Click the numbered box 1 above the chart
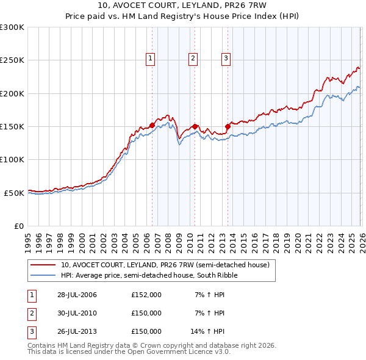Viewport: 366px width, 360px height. tap(150, 59)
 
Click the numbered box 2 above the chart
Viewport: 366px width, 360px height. tap(193, 59)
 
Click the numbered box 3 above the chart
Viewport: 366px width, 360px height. tap(226, 59)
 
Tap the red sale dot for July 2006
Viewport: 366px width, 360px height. tap(152, 125)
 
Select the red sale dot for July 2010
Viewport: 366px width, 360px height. tap(195, 126)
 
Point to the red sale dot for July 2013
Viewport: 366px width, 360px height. tap(228, 127)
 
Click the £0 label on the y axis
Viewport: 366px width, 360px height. tap(18, 226)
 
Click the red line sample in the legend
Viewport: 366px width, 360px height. tap(43, 265)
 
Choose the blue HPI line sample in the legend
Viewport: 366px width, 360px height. tap(43, 275)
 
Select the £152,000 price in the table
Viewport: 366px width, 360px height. tap(146, 295)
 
